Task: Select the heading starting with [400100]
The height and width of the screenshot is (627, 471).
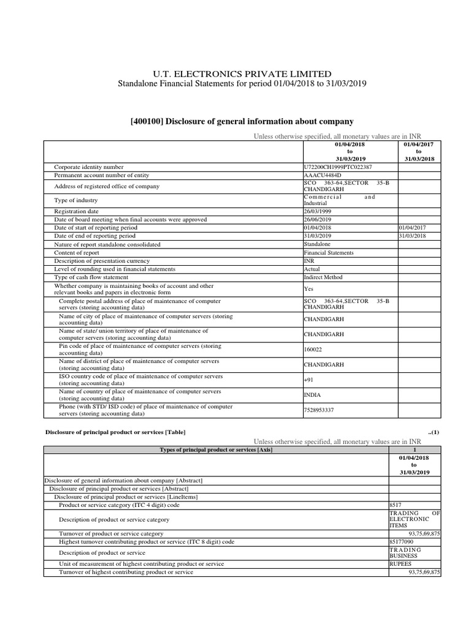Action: click(x=242, y=122)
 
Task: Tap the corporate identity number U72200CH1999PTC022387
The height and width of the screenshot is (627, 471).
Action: click(x=337, y=167)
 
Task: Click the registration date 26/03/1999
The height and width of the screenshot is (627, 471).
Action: click(x=318, y=211)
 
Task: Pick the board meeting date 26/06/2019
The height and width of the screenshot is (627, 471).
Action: click(x=318, y=219)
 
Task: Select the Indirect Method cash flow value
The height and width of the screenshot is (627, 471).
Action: click(x=323, y=277)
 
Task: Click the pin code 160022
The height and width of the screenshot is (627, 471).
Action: click(x=313, y=350)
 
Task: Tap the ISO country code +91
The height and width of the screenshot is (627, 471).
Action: click(x=308, y=380)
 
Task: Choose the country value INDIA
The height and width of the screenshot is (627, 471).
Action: click(x=312, y=395)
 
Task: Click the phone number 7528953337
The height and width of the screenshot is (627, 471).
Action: click(x=319, y=410)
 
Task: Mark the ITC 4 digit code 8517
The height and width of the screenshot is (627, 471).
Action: click(x=396, y=505)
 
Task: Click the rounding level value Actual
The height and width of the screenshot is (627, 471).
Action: click(x=312, y=269)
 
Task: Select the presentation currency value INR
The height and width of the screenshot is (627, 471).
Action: click(x=309, y=261)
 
